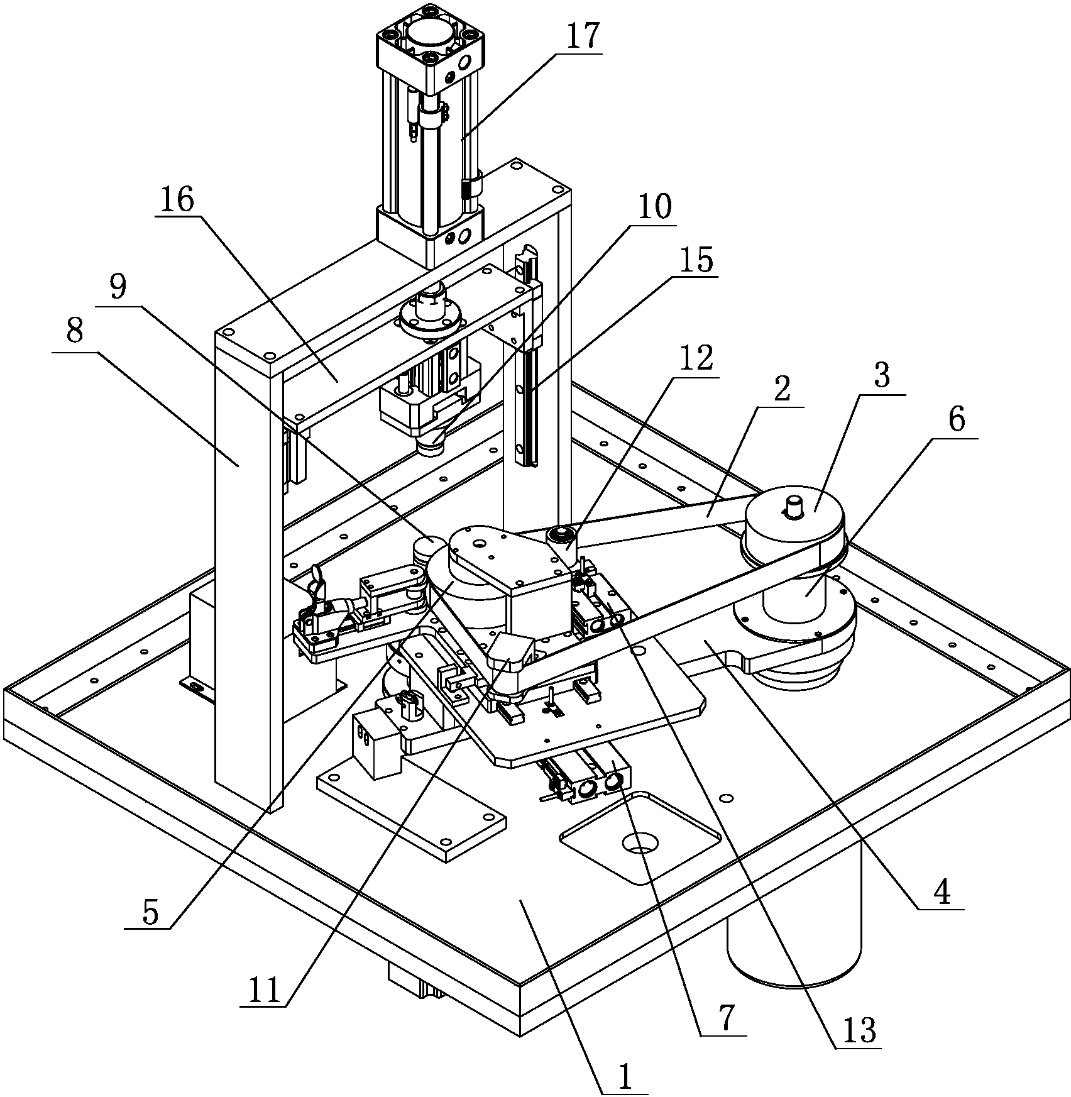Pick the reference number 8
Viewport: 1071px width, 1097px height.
75,331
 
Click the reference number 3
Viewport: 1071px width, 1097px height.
882,375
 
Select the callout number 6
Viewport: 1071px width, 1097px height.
955,420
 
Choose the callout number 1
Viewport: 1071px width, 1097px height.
624,1077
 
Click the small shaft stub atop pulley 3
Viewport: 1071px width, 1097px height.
795,506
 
